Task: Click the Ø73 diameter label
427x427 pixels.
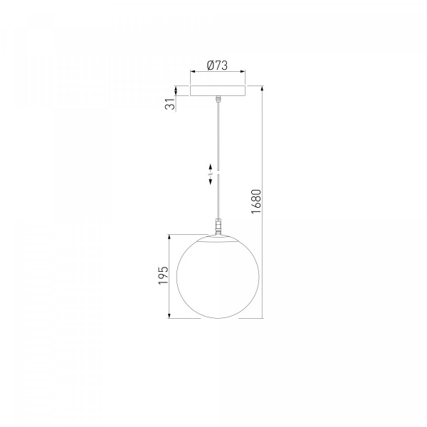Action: point(217,65)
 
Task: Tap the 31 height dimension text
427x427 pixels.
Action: point(170,104)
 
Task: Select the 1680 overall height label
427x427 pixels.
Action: point(256,201)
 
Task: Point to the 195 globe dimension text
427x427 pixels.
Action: point(164,275)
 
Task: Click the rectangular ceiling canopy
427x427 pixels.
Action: point(218,91)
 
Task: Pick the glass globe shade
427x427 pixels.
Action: point(218,277)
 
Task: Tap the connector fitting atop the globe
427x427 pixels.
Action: point(218,226)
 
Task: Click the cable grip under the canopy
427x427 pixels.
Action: point(218,99)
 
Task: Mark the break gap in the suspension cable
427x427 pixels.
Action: point(218,173)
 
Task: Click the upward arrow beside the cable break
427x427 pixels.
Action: point(210,167)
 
